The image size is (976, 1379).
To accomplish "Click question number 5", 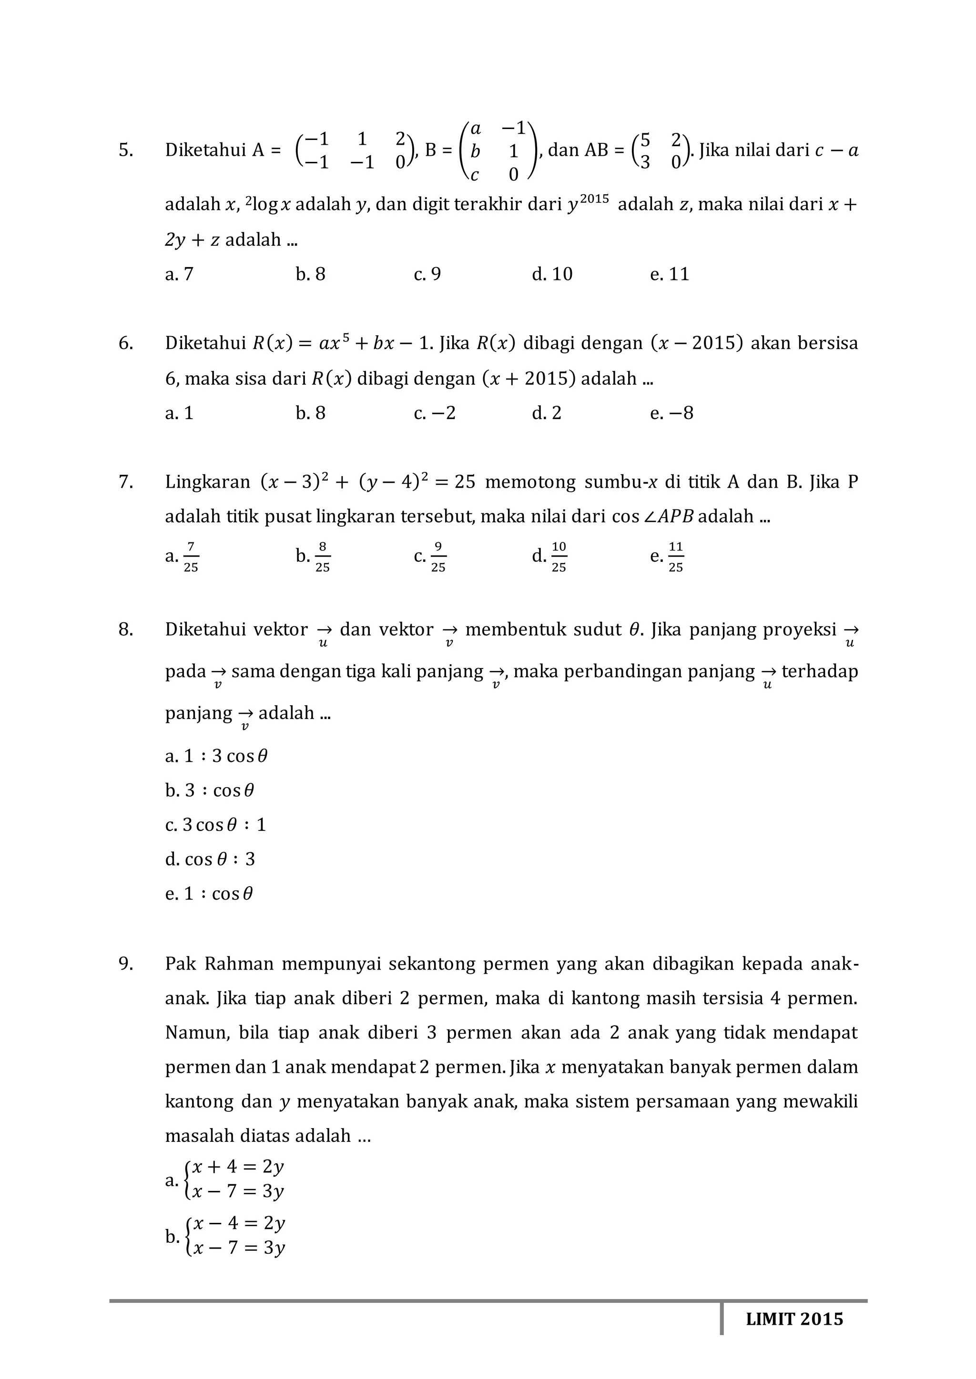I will [x=126, y=150].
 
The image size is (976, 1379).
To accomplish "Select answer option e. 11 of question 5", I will [x=670, y=274].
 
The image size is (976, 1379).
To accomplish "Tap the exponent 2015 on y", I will [x=595, y=198].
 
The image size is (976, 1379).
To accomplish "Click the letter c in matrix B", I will [x=475, y=175].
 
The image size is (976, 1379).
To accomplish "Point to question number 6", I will [x=126, y=343].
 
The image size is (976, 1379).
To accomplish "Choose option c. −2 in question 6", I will [x=435, y=413].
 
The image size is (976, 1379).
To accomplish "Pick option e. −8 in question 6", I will [x=671, y=413].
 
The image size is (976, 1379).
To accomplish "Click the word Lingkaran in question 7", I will [x=207, y=482].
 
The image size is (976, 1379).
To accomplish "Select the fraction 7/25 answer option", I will [x=190, y=556].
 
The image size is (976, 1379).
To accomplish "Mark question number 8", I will [x=126, y=630].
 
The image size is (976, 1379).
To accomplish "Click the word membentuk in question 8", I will [x=512, y=630].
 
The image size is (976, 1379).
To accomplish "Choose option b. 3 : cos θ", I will [x=210, y=790].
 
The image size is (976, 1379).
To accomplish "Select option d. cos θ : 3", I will [x=210, y=859].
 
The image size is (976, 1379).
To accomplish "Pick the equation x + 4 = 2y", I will [x=237, y=1167].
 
